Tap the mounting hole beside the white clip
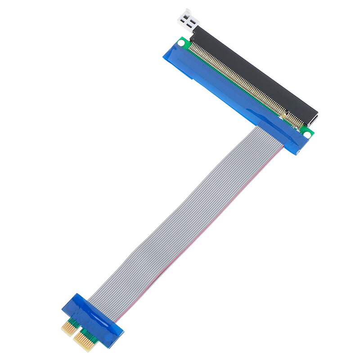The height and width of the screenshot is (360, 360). (181, 43)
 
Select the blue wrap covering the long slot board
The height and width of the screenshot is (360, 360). (225, 90)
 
